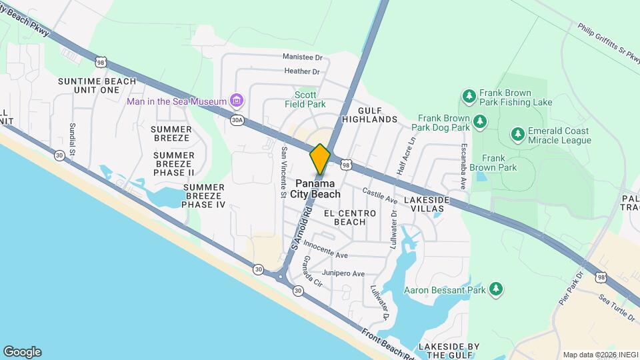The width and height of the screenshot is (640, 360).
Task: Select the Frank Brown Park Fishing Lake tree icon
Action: [x=469, y=97]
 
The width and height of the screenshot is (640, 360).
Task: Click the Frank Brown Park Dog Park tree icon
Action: [x=479, y=121]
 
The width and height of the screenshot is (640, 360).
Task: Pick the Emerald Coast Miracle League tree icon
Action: [x=517, y=135]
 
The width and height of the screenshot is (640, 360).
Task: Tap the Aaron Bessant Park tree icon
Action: [x=495, y=289]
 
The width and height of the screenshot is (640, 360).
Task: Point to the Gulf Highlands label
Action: [x=369, y=114]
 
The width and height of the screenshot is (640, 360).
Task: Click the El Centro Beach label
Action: [x=350, y=217]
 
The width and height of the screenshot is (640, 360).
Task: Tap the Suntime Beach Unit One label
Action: [x=97, y=85]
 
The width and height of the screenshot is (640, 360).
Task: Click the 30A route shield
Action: [x=237, y=120]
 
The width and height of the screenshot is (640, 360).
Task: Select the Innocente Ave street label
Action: [x=327, y=255]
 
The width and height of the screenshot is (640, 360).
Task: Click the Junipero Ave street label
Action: [x=343, y=273]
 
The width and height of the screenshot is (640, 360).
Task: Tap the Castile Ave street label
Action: [x=380, y=195]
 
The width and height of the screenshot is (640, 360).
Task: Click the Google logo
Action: [x=22, y=352]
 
